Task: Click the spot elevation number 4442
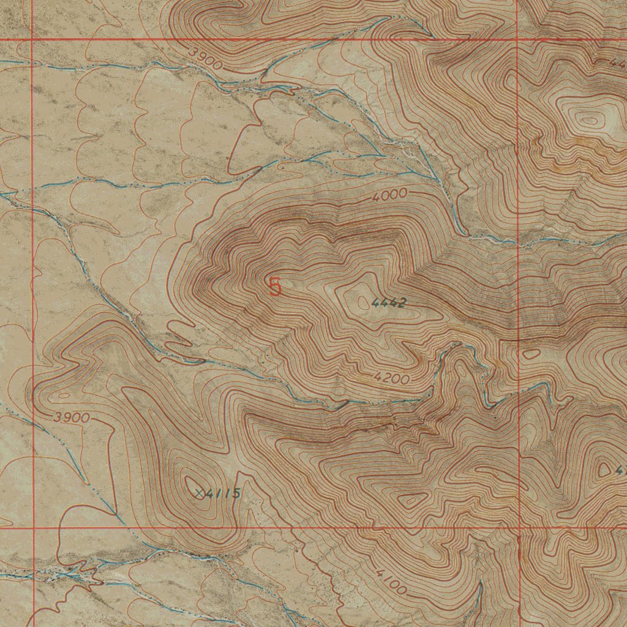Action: (389, 302)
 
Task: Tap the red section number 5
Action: (276, 287)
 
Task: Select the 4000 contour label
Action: (389, 195)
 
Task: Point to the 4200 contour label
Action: (391, 378)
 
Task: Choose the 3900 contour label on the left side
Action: (72, 418)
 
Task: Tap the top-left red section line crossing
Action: (32, 40)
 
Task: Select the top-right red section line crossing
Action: (517, 40)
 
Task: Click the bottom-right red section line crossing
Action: (519, 527)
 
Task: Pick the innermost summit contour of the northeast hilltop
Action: (589, 120)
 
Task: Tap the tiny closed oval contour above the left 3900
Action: (62, 395)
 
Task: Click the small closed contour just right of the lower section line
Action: (531, 353)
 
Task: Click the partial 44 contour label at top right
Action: (617, 62)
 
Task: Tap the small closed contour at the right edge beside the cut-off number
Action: (605, 470)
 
